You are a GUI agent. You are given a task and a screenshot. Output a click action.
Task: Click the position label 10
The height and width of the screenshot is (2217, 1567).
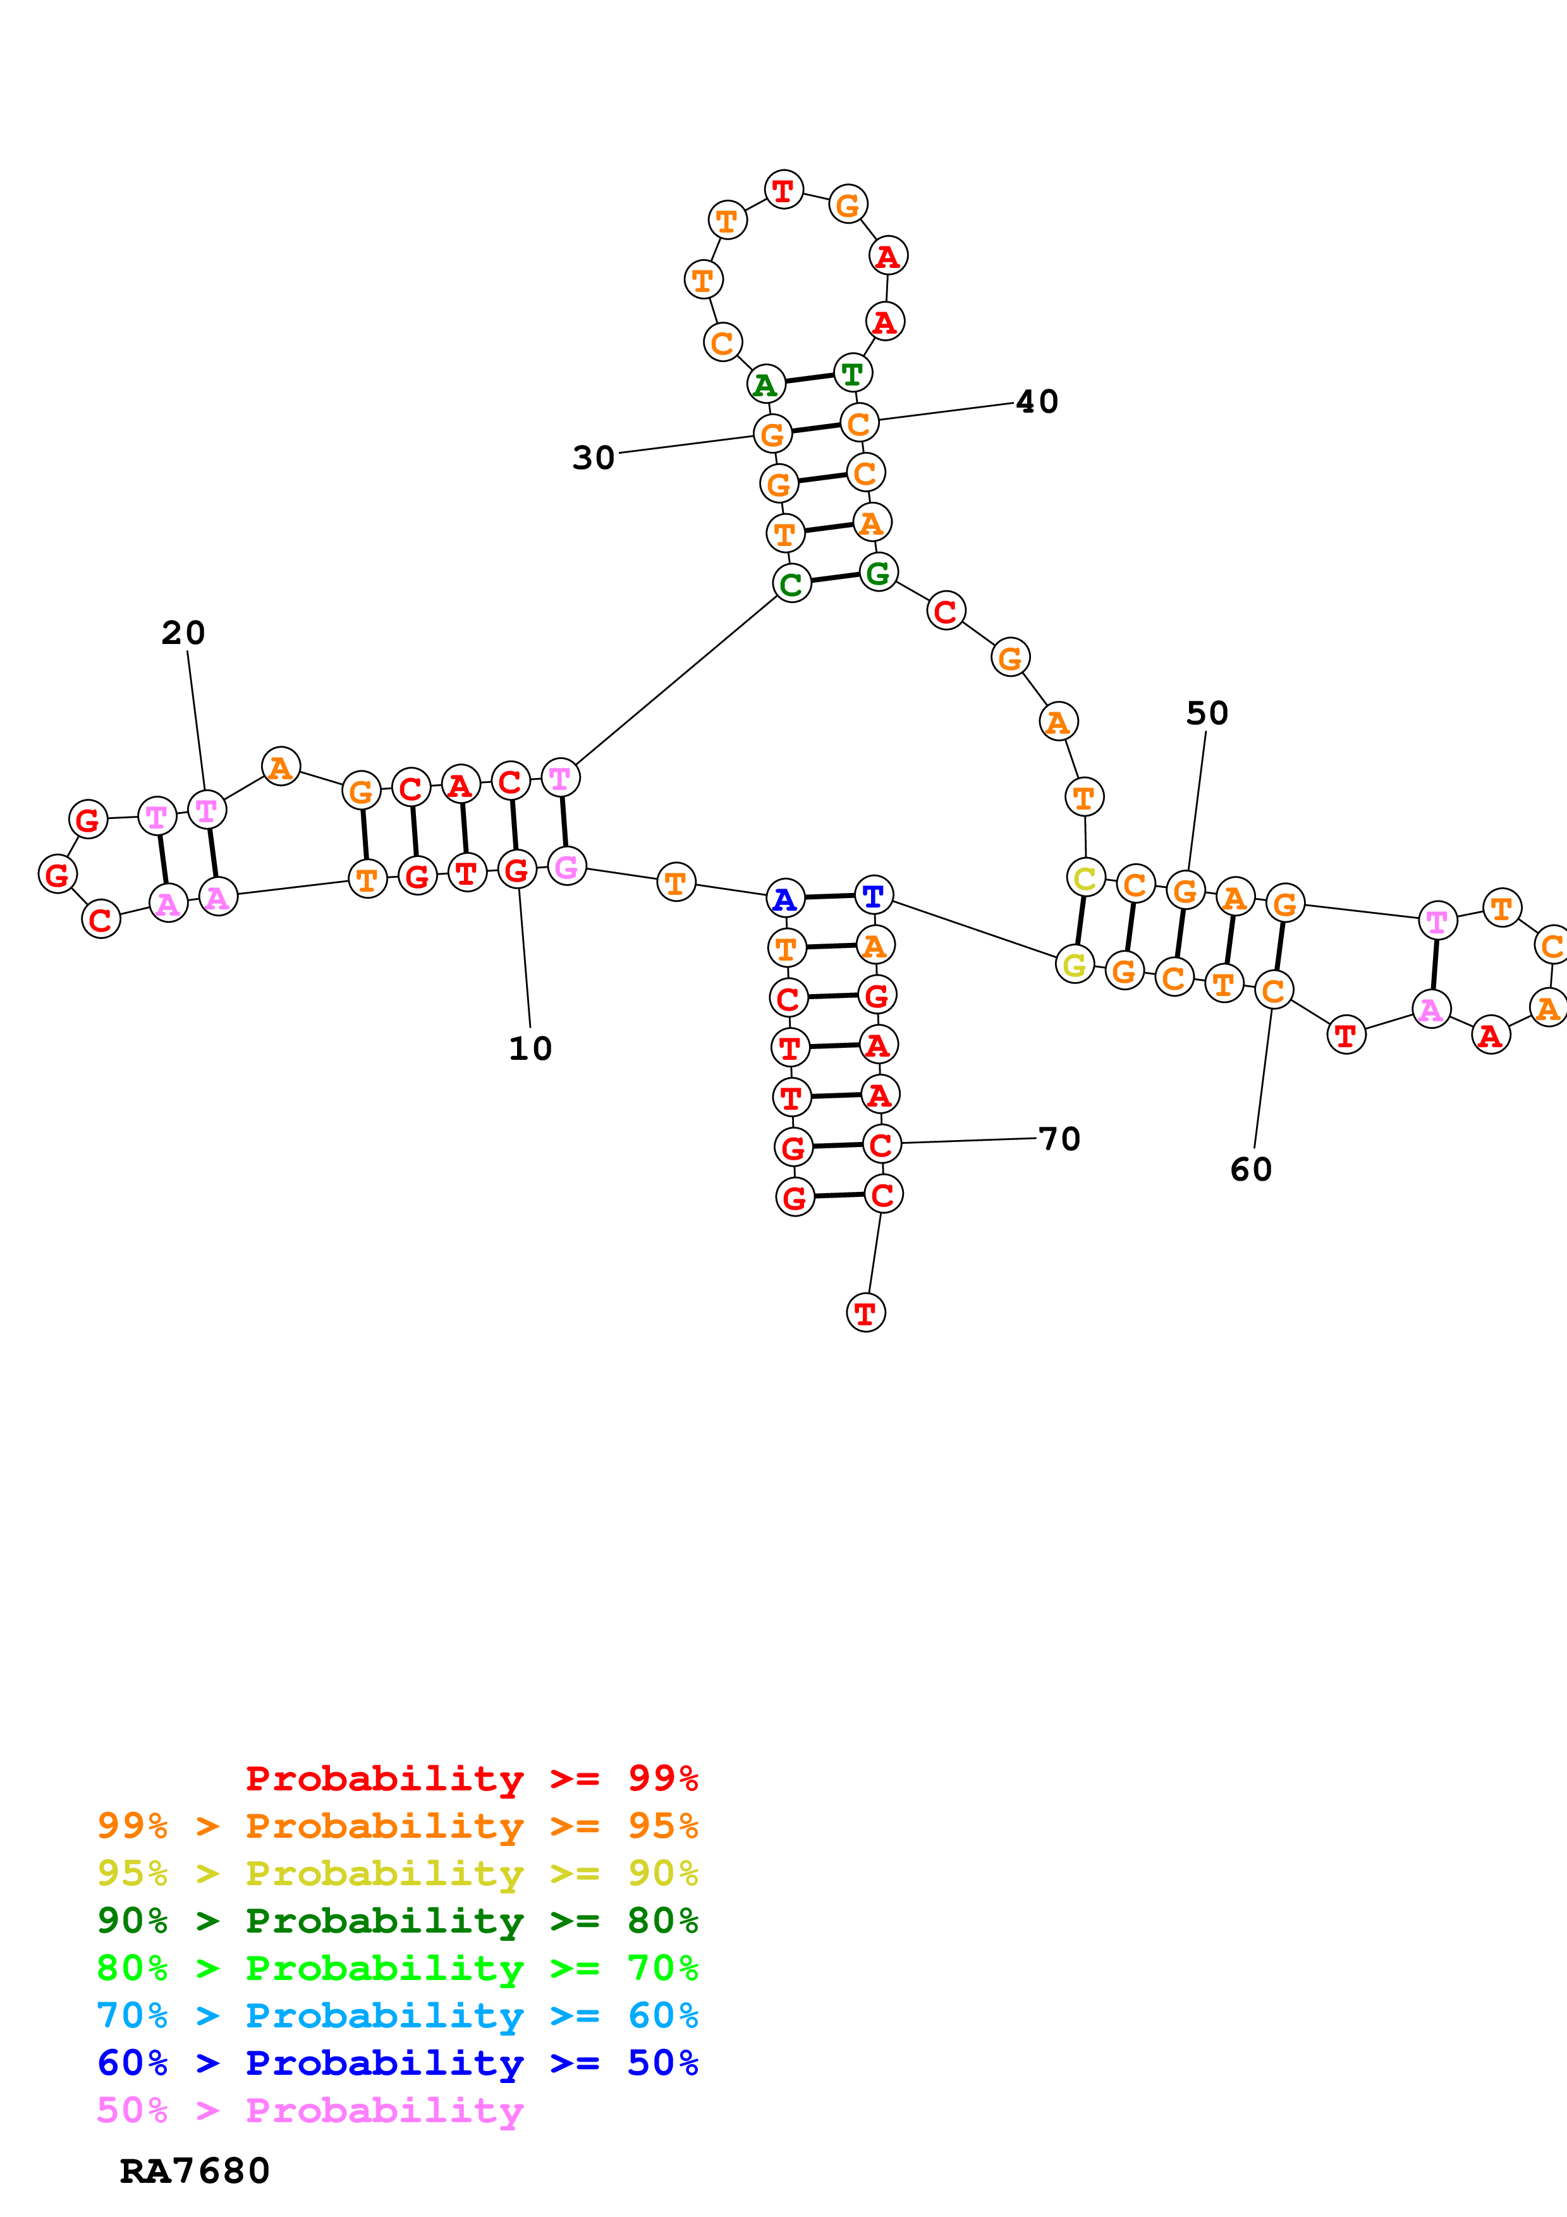coord(530,1048)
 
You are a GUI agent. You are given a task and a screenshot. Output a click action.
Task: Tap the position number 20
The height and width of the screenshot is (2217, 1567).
coord(183,633)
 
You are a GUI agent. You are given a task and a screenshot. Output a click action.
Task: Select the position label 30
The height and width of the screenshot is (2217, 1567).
coord(593,458)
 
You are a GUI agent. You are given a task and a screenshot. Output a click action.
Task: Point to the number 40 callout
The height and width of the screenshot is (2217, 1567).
coord(1037,402)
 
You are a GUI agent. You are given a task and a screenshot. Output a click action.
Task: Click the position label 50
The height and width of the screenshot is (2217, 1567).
coord(1207,713)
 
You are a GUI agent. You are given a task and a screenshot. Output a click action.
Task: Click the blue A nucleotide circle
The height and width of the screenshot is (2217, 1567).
coord(785,899)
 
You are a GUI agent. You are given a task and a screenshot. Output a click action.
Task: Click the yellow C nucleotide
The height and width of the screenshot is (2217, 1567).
coord(1085,878)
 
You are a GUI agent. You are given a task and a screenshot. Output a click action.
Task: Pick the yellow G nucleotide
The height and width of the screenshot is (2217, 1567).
coord(1075,964)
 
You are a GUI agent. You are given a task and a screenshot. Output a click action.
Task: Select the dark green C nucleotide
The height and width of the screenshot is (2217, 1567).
coord(791,583)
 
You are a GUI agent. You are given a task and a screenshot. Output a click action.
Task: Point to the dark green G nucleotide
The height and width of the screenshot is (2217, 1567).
coord(877,573)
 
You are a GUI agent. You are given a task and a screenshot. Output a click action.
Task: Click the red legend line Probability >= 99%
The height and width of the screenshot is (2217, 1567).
coord(471,1778)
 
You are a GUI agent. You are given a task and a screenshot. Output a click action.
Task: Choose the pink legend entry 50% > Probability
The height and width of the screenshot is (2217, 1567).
coord(310,2110)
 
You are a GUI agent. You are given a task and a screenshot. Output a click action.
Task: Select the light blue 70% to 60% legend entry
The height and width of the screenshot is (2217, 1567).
coord(397,2015)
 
